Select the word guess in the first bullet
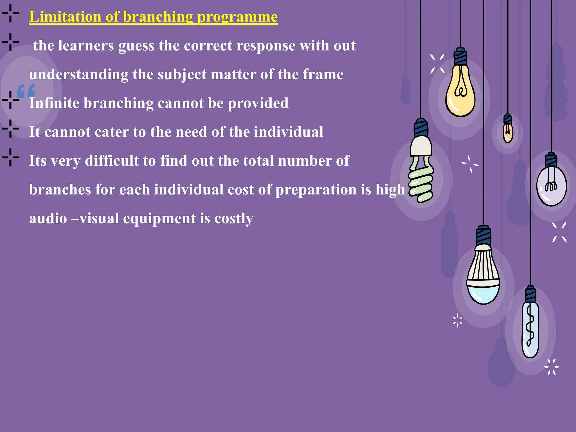(x=136, y=46)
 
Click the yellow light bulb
(x=460, y=93)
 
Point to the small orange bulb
(x=508, y=132)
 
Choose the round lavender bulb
(x=551, y=186)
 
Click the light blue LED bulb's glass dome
(x=483, y=294)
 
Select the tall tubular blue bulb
(x=530, y=329)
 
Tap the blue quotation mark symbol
(x=26, y=91)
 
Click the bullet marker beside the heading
(x=10, y=13)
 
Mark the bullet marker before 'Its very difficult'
(x=10, y=157)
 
